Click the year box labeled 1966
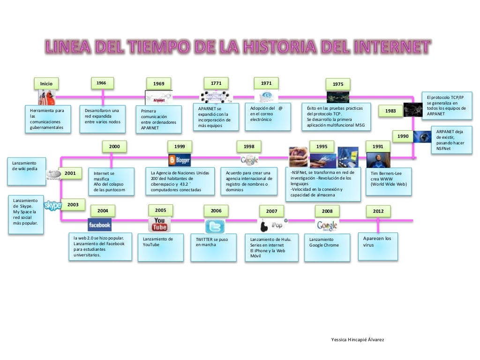102,83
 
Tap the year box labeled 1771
216,83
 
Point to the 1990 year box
403,136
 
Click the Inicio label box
46,84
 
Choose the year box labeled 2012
378,211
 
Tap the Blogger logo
179,160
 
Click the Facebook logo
99,225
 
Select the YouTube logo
159,225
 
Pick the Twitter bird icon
215,226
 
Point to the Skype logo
52,205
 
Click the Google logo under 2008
327,225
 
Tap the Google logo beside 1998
249,160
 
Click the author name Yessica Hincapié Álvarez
358,339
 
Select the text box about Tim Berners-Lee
389,181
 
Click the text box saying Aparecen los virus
377,246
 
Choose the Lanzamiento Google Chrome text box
327,247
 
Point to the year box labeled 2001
70,173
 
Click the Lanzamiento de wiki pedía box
26,171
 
